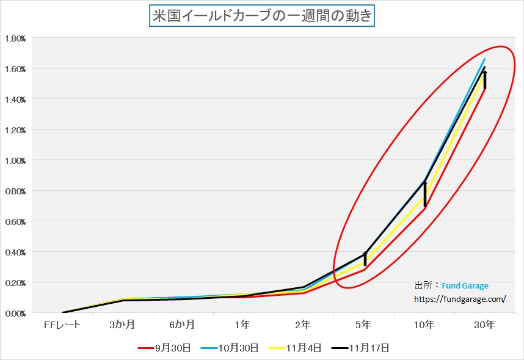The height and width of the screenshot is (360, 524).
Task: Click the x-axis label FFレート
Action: click(62, 325)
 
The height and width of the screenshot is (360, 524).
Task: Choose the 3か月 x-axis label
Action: click(122, 325)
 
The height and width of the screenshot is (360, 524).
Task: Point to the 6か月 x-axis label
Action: click(183, 325)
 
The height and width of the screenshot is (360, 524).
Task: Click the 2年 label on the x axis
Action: click(304, 325)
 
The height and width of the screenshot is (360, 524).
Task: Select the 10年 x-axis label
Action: click(424, 325)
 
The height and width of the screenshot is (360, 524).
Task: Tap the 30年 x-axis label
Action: click(485, 325)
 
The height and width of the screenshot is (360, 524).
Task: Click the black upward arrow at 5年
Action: click(365, 259)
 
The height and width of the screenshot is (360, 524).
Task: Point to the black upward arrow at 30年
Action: click(485, 80)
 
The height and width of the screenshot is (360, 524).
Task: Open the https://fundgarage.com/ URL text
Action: click(460, 299)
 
